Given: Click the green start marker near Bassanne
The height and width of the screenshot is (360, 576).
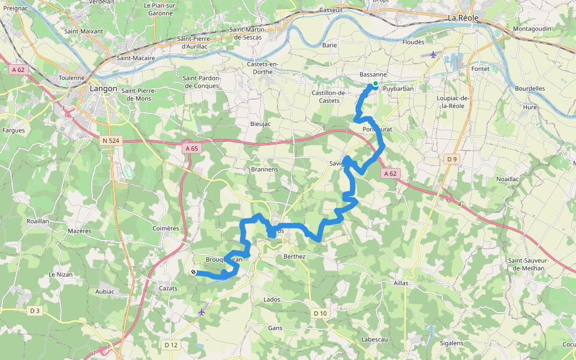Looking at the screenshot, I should [x=376, y=83].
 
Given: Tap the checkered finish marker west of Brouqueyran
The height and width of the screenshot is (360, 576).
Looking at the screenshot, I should [x=194, y=272].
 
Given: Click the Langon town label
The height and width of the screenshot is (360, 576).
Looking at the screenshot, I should [x=103, y=88].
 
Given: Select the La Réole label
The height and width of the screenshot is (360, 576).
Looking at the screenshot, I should [x=463, y=18].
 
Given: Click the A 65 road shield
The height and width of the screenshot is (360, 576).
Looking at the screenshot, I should [x=191, y=148].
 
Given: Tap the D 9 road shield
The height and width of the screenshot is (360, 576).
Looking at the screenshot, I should [x=452, y=159].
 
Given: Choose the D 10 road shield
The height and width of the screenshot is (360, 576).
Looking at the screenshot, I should [x=320, y=313].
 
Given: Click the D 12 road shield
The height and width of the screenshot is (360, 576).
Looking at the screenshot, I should [x=171, y=344].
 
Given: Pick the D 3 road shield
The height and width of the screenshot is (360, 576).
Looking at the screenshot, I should [x=35, y=310].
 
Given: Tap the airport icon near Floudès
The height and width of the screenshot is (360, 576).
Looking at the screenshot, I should [x=434, y=55].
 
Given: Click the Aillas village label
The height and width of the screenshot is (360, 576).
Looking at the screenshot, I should [x=401, y=283].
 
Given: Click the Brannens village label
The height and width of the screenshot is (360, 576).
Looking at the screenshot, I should [x=265, y=169].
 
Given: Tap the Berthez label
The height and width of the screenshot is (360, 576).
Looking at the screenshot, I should [x=295, y=256].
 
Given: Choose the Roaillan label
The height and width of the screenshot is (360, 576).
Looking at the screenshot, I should [x=38, y=221].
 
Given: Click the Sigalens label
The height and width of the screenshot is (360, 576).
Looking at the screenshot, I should [x=452, y=343].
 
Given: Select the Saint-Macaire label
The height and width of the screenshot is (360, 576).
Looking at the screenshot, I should [x=136, y=58].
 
